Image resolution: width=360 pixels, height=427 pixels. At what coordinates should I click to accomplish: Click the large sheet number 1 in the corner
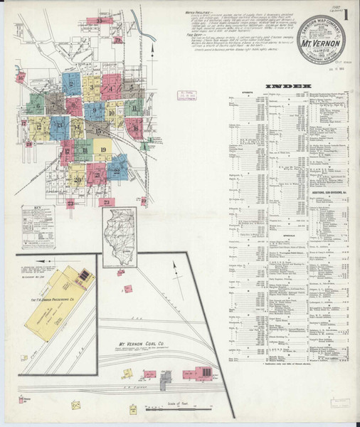click(x=346, y=14)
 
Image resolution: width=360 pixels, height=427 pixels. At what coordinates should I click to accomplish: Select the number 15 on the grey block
click(x=97, y=131)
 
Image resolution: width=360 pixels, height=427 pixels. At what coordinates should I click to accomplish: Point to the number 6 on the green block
click(x=35, y=107)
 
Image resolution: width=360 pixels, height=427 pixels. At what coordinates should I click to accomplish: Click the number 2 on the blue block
click(x=71, y=84)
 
